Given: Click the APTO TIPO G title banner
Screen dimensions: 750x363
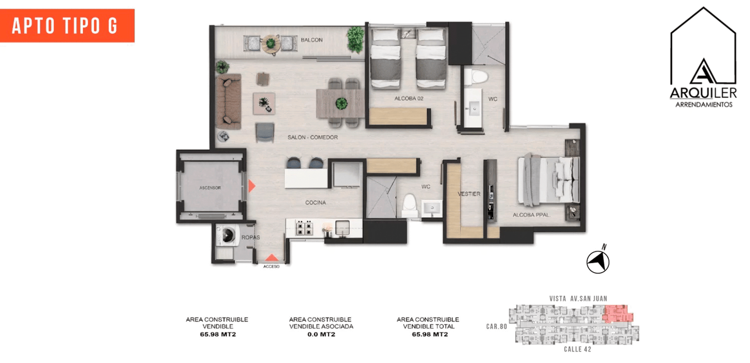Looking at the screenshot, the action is (67, 26).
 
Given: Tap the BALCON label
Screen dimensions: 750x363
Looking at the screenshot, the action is (311, 40).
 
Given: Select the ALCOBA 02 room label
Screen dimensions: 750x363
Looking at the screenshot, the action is (408, 98).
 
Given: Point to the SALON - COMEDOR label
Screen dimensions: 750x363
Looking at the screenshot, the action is (312, 137).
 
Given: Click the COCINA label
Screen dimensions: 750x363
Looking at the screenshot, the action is (315, 202).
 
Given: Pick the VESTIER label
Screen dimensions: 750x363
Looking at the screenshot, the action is (469, 194).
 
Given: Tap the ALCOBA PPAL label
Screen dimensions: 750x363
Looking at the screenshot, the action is (531, 215).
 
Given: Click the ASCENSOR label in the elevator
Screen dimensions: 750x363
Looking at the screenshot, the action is (210, 188).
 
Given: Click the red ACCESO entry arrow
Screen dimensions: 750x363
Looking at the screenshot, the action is (271, 258).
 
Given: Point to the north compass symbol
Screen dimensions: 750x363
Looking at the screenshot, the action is (598, 261).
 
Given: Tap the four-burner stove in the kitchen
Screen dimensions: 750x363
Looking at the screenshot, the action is (304, 228).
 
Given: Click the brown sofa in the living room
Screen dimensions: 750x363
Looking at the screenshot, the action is (228, 101).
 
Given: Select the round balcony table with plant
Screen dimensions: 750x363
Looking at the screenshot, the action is (271, 44).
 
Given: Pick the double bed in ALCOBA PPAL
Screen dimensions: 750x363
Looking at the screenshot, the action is (548, 180).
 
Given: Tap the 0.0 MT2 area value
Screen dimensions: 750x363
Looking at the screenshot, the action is (321, 334).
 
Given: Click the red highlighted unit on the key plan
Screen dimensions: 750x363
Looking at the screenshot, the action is (618, 313).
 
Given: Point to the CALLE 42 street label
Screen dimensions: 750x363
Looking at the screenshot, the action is (577, 349).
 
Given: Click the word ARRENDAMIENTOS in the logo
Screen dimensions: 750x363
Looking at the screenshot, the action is (704, 105).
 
